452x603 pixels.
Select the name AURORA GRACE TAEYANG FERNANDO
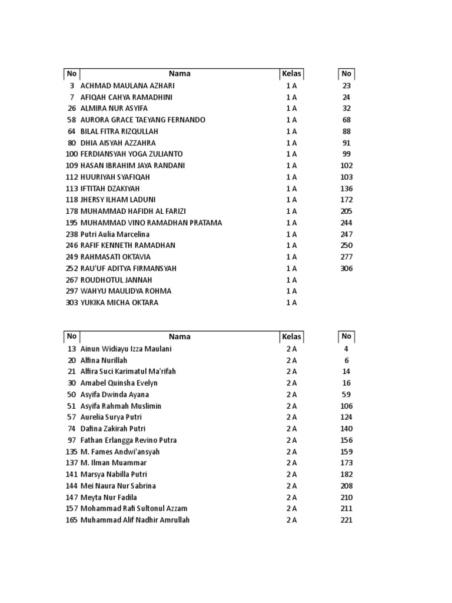pyautogui.click(x=142, y=120)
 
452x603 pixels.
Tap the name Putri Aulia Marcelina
pyautogui.click(x=115, y=234)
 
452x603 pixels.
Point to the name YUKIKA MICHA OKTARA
pyautogui.click(x=119, y=303)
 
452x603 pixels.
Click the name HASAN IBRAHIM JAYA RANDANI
pyautogui.click(x=132, y=166)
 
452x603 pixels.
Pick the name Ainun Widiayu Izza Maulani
pyautogui.click(x=126, y=349)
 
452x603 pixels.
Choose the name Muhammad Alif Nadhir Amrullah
pyautogui.click(x=135, y=521)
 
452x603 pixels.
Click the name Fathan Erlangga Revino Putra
pyautogui.click(x=128, y=440)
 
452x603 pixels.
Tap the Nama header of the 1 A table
pyautogui.click(x=180, y=74)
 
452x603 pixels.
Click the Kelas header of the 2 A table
pyautogui.click(x=291, y=337)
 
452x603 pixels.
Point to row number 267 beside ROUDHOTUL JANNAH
pyautogui.click(x=71, y=280)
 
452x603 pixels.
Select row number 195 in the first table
pyautogui.click(x=71, y=223)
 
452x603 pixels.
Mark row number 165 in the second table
pyautogui.click(x=71, y=521)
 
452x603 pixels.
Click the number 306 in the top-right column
pyautogui.click(x=346, y=269)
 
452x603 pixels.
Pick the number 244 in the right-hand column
pyautogui.click(x=346, y=223)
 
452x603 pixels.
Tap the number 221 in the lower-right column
pyautogui.click(x=346, y=521)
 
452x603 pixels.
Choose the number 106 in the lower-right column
pyautogui.click(x=346, y=406)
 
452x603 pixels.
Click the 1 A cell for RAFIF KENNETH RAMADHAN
pyautogui.click(x=291, y=246)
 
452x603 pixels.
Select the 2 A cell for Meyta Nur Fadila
pyautogui.click(x=291, y=498)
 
